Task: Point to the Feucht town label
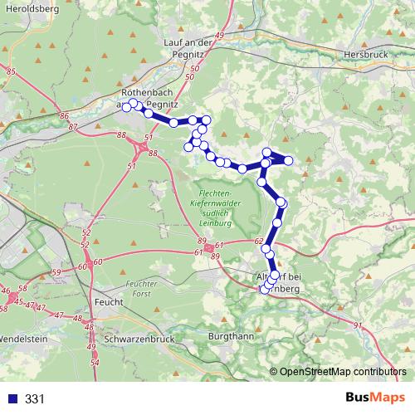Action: (x=109, y=302)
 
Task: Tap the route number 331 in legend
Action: (x=35, y=398)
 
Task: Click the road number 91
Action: (x=358, y=325)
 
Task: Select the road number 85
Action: (x=10, y=73)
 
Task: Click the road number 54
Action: (x=95, y=363)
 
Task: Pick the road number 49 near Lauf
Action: (x=220, y=36)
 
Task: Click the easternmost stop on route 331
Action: (x=289, y=160)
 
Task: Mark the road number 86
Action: (x=65, y=115)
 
